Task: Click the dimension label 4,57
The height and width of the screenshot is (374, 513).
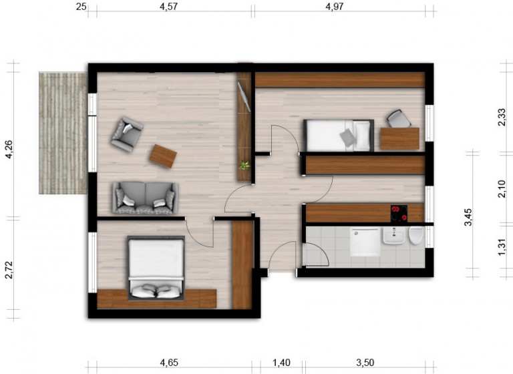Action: pos(168,6)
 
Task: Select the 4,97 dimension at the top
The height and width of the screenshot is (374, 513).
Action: pos(335,6)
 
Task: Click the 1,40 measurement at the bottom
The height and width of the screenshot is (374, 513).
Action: pos(281,363)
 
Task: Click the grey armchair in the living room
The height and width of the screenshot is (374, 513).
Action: pos(127,134)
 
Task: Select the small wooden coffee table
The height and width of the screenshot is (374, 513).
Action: pos(163,156)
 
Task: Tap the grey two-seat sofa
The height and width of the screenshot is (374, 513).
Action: pos(146,198)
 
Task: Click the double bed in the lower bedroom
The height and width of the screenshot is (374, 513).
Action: pos(156,268)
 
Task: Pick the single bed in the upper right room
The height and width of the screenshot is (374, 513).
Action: pos(339,136)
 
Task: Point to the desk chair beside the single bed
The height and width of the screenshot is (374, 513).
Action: pos(398,118)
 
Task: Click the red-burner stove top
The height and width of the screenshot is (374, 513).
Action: pos(399,214)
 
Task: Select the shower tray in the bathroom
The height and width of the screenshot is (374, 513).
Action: pos(365,242)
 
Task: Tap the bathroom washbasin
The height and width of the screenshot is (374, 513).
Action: pos(393,236)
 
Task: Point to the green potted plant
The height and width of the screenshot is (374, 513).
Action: pos(244,165)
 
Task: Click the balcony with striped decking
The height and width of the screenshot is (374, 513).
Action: pos(63,133)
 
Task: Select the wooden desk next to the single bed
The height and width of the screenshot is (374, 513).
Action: pos(400,139)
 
